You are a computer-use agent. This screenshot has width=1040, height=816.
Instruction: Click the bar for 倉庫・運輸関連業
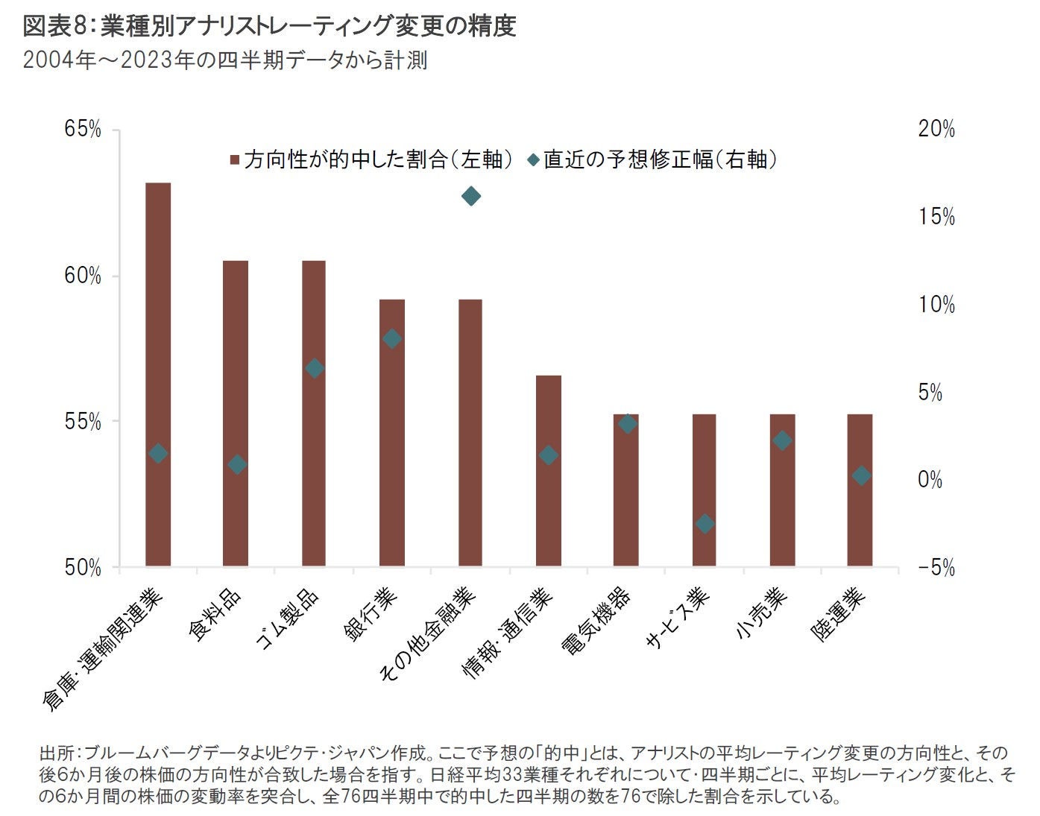pyautogui.click(x=158, y=373)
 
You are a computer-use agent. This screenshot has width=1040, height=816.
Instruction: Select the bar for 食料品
pyautogui.click(x=236, y=414)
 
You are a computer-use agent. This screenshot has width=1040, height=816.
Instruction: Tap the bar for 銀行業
pyautogui.click(x=392, y=432)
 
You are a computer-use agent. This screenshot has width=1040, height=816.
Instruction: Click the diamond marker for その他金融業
pyautogui.click(x=470, y=196)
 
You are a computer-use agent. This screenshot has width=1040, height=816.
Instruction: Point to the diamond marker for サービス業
pyautogui.click(x=705, y=524)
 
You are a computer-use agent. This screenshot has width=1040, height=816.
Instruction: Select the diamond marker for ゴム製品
pyautogui.click(x=315, y=368)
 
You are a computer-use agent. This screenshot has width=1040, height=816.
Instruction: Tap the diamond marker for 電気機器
pyautogui.click(x=628, y=423)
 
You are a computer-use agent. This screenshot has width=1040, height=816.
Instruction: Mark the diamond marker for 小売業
pyautogui.click(x=782, y=440)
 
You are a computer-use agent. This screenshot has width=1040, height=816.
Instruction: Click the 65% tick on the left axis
pyautogui.click(x=83, y=130)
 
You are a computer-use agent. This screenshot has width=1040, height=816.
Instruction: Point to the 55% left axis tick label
pyautogui.click(x=83, y=422)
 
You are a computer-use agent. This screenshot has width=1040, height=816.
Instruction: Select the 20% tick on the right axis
pyautogui.click(x=936, y=130)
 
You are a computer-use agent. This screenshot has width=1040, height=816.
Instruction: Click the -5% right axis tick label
pyautogui.click(x=936, y=568)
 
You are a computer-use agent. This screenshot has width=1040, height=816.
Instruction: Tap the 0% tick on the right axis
pyautogui.click(x=930, y=480)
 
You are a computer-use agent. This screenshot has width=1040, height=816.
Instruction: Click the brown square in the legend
pyautogui.click(x=235, y=159)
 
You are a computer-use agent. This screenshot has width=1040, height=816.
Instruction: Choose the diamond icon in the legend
pyautogui.click(x=533, y=159)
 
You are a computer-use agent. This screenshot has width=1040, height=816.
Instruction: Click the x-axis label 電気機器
pyautogui.click(x=596, y=622)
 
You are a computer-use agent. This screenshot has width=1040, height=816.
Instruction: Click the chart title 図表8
pyautogui.click(x=56, y=27)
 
